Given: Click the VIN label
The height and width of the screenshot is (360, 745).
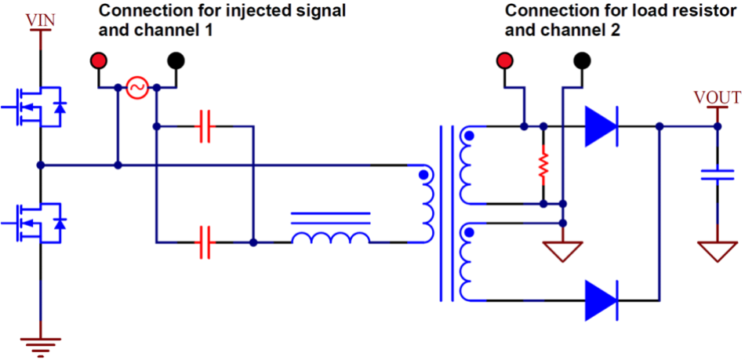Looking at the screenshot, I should click(40, 21).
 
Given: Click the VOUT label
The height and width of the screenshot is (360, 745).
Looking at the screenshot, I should click(717, 98).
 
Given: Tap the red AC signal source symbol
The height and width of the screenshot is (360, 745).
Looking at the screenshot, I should click(136, 88).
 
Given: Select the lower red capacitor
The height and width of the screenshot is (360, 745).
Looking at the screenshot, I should click(206, 242).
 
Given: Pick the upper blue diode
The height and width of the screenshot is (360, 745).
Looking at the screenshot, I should click(601, 125).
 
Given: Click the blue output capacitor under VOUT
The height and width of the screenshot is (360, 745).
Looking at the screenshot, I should click(717, 175).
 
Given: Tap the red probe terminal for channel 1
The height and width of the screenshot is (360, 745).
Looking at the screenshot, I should click(98, 60).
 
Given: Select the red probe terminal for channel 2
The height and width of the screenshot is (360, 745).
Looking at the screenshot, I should click(504, 60).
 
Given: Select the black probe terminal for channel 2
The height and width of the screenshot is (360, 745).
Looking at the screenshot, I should click(582, 60).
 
